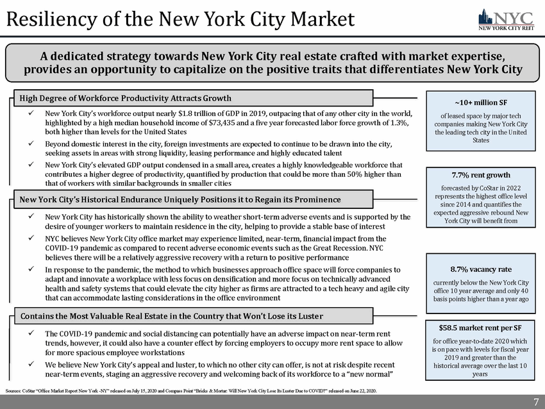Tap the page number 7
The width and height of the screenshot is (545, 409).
coord(535,401)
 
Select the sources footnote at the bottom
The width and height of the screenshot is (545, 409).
coord(192,390)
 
